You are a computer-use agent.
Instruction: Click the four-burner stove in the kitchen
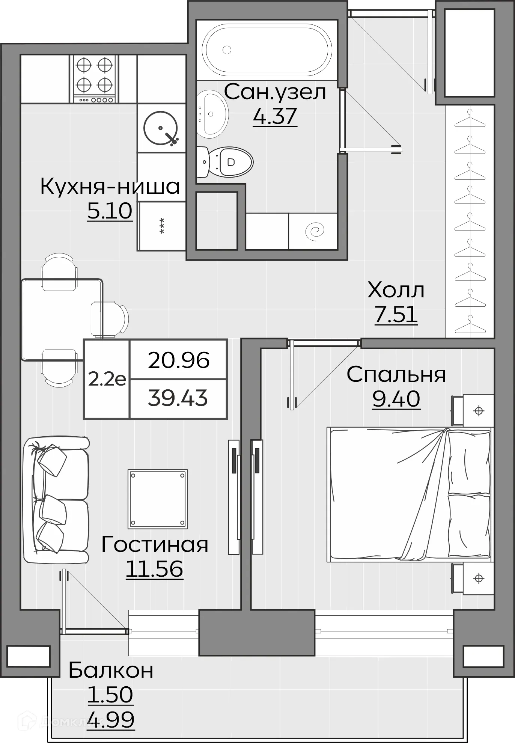click(94, 79)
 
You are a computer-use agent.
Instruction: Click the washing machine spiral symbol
click(314, 231)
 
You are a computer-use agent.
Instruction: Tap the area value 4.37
click(275, 116)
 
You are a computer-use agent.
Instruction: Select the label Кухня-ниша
click(110, 186)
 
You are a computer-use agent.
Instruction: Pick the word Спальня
click(396, 374)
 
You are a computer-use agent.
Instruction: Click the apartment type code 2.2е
click(107, 380)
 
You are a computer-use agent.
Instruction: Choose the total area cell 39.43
click(178, 398)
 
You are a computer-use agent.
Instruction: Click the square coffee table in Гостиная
click(158, 499)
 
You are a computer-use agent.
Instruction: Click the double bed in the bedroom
click(409, 494)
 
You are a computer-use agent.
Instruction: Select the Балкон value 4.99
click(110, 719)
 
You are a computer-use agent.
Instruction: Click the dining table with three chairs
click(62, 319)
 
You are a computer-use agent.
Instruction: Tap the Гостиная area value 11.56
click(154, 568)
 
